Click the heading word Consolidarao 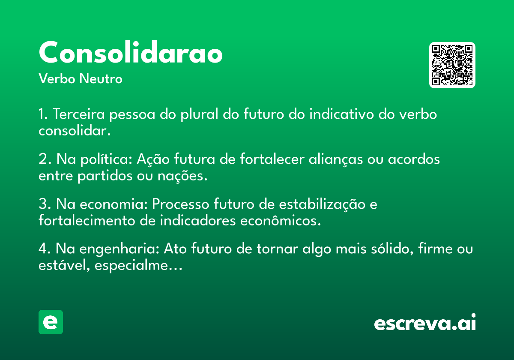click(131, 52)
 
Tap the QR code click(452, 65)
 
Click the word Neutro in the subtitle click(101, 78)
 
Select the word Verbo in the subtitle click(57, 78)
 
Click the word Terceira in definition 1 click(79, 114)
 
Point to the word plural click(199, 114)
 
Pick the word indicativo click(342, 114)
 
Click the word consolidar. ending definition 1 click(75, 131)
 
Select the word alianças click(336, 159)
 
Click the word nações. click(182, 176)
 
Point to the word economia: click(114, 204)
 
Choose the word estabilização click(322, 204)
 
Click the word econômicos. click(281, 221)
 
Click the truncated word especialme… click(138, 266)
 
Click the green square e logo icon click(51, 322)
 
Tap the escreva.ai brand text click(425, 322)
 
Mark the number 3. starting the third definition click(45, 204)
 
